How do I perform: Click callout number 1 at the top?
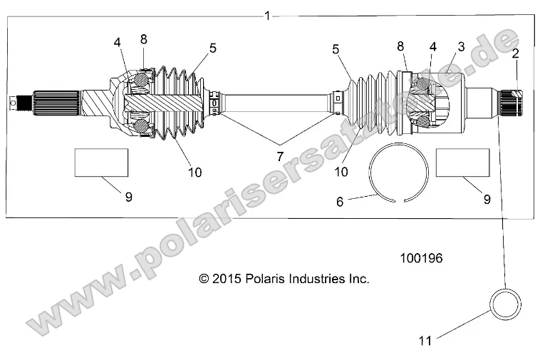(x=266, y=15)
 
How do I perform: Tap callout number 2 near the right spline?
(x=515, y=53)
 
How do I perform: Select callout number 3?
(x=461, y=47)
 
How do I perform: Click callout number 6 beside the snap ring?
(x=340, y=202)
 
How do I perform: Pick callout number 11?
(x=425, y=340)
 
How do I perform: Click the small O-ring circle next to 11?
(x=504, y=303)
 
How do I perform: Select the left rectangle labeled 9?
(x=101, y=163)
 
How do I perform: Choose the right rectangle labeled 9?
(x=462, y=163)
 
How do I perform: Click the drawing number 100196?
(x=420, y=259)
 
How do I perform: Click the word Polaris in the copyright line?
(x=267, y=279)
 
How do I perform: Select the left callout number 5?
(x=213, y=48)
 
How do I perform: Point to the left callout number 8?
(x=144, y=39)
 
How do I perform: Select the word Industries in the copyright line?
(x=322, y=279)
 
